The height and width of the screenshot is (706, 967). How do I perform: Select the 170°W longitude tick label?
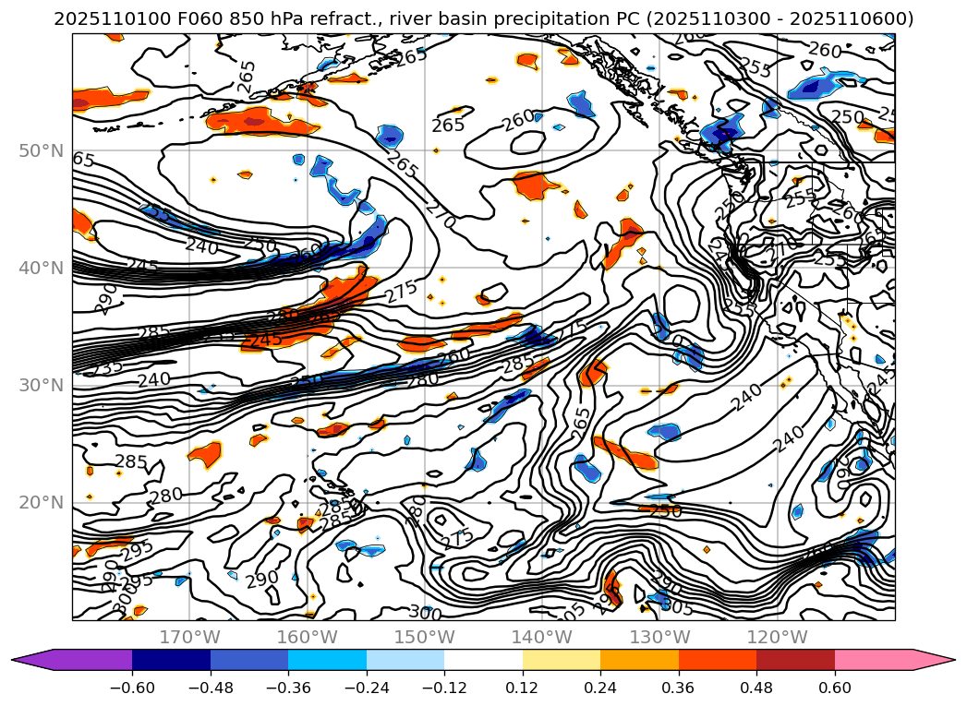(x=189, y=637)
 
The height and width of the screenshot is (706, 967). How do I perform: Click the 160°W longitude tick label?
(x=307, y=637)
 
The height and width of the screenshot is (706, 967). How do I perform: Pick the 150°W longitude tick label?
(x=425, y=637)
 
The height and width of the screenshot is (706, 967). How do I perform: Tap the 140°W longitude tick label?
(x=542, y=637)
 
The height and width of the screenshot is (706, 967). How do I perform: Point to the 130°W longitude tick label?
(x=659, y=637)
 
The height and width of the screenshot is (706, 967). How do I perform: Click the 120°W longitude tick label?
(x=778, y=637)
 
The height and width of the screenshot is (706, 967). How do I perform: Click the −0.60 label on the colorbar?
(x=132, y=688)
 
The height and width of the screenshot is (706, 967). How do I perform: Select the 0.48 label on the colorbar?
(x=756, y=688)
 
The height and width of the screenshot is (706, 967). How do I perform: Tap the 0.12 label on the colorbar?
(x=523, y=688)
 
